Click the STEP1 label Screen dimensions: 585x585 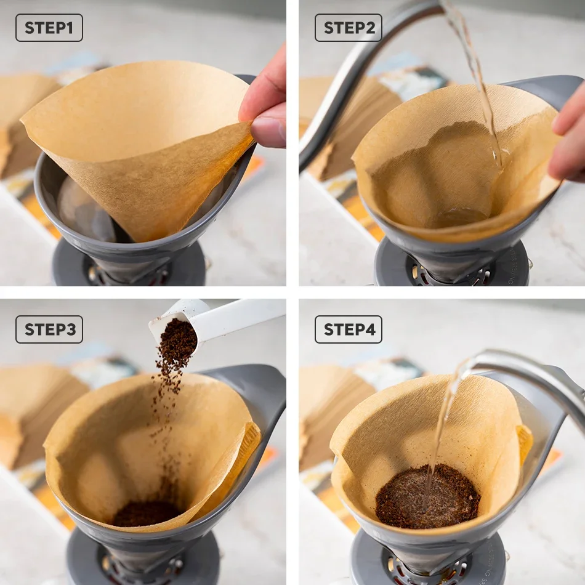tap(49, 28)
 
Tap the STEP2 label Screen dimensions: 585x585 tap(349, 28)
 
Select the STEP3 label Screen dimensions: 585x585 tap(49, 329)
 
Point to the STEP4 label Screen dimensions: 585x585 tap(349, 329)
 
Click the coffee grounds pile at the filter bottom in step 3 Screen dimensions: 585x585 tap(147, 513)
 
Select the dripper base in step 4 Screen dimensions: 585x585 tap(429, 560)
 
